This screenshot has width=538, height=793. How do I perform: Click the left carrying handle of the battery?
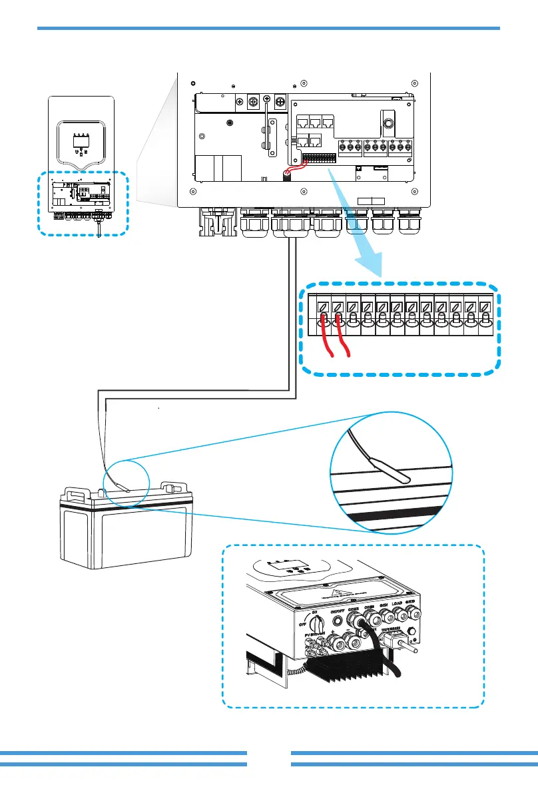click(x=75, y=491)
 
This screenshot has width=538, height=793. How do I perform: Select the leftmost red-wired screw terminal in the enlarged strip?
click(x=323, y=308)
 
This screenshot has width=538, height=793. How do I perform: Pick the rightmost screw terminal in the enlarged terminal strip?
click(x=485, y=308)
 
